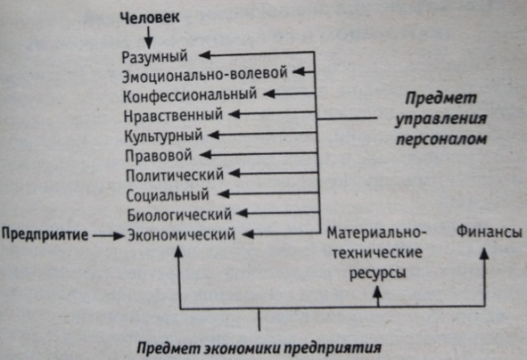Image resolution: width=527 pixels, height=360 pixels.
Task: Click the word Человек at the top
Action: [x=150, y=18]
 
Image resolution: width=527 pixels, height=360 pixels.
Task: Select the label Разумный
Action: [x=154, y=57]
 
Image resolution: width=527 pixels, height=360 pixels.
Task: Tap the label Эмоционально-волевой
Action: [x=205, y=75]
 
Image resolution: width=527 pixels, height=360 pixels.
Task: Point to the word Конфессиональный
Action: [x=190, y=95]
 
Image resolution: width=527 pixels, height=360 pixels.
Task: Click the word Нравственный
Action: [x=173, y=116]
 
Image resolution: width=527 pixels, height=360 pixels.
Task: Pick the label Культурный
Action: [x=164, y=136]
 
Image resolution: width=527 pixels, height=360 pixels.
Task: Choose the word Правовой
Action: [x=159, y=156]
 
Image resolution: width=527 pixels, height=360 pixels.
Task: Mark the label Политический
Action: [x=175, y=176]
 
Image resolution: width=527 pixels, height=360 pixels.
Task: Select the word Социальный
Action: [x=168, y=195]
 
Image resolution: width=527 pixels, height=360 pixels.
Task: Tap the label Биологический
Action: [x=179, y=215]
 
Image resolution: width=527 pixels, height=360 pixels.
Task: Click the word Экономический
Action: [x=181, y=234]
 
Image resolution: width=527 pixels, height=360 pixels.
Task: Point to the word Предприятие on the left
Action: [x=45, y=234]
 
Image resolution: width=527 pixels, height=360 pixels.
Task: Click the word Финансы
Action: [x=489, y=232]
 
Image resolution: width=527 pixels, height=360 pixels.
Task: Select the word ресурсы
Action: [x=377, y=273]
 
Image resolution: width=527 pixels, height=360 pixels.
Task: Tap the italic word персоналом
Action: [x=441, y=139]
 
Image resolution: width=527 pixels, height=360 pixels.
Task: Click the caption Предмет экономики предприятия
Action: [x=259, y=348]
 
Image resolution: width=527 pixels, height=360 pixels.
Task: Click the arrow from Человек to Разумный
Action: [x=149, y=37]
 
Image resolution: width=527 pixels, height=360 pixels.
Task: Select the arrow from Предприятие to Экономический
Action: [x=108, y=236]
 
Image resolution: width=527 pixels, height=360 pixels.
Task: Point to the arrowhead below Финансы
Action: [x=484, y=253]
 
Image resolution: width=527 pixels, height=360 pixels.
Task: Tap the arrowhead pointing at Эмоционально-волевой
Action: [x=299, y=71]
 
